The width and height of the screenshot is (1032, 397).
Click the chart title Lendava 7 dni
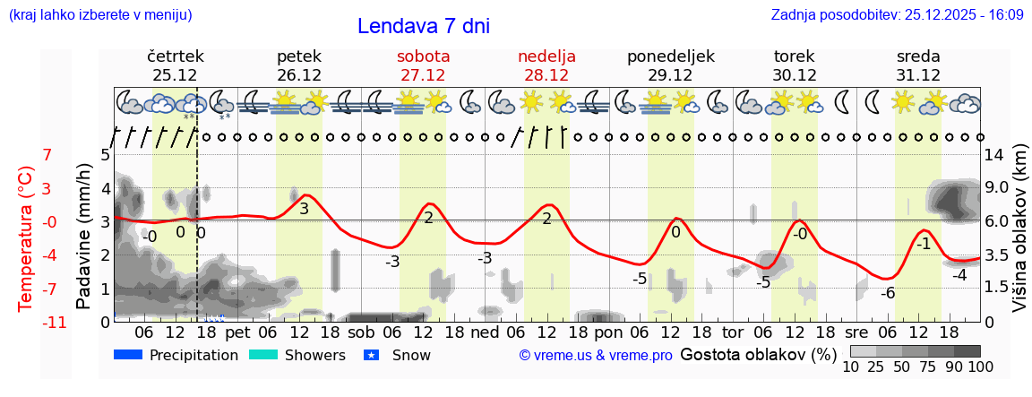click(x=423, y=26)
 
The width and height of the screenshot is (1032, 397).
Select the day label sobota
click(x=423, y=56)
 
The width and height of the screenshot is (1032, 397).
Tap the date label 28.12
click(x=546, y=75)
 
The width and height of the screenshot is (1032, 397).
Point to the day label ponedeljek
click(x=671, y=56)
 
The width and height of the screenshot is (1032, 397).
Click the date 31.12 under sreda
click(x=918, y=75)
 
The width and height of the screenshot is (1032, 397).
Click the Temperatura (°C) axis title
click(x=27, y=238)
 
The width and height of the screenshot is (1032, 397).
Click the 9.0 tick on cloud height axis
click(x=998, y=188)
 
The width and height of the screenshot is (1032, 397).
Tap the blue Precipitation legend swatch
click(x=129, y=355)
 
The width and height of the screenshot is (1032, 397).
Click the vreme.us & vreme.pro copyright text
click(x=596, y=355)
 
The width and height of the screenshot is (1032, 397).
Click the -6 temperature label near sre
click(x=888, y=293)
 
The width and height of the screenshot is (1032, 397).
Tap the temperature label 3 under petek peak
click(x=304, y=209)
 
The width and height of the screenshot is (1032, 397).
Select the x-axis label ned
click(x=485, y=332)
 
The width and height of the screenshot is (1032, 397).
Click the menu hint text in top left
click(x=99, y=15)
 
